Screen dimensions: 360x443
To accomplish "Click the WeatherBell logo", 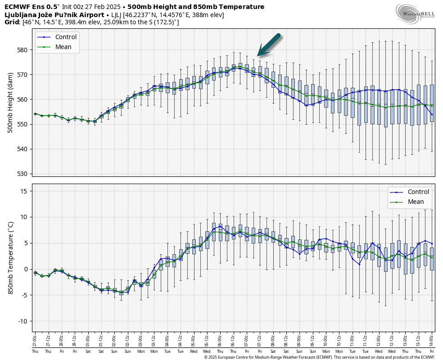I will click(415, 13).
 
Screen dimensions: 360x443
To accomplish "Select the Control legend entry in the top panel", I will click(66, 37).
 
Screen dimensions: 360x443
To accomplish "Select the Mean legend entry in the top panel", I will click(63, 47).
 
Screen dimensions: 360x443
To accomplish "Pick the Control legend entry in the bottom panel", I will click(418, 192).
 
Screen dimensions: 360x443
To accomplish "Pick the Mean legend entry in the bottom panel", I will click(416, 202).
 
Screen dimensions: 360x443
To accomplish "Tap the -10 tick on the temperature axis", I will click(23, 321).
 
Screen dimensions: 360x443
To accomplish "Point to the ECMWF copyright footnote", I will click(319, 357).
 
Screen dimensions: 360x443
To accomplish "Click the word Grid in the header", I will click(12, 22).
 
